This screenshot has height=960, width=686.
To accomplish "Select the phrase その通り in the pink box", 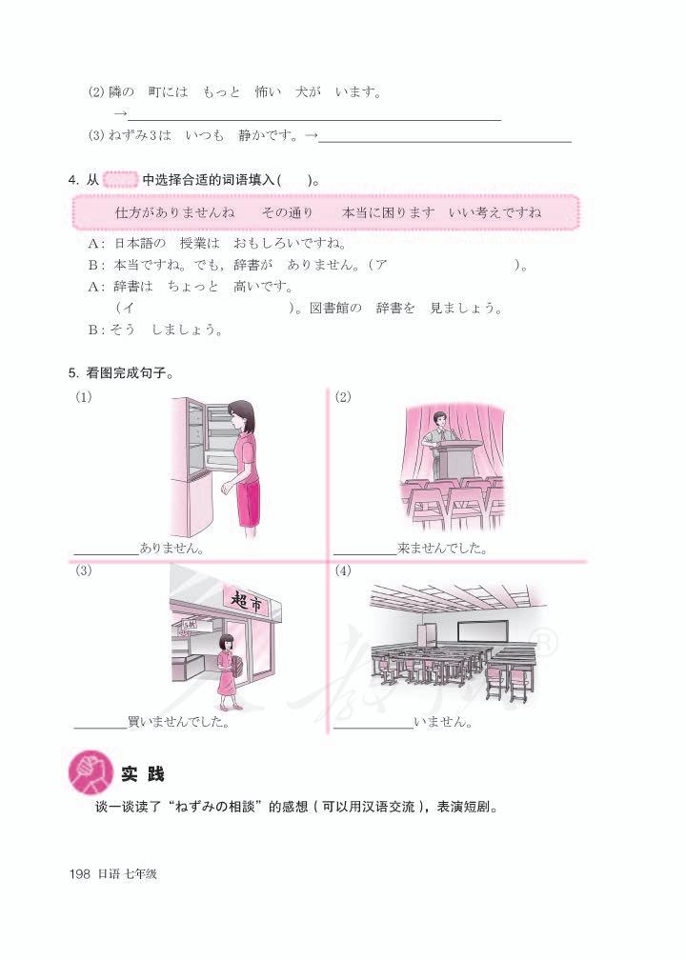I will (x=288, y=211).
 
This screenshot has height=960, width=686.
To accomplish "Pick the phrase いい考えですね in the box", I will (x=495, y=211).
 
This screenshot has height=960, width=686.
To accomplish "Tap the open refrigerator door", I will (x=191, y=448).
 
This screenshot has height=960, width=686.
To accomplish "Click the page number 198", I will (x=79, y=873).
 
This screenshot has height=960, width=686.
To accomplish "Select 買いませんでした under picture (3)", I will (x=177, y=721).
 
